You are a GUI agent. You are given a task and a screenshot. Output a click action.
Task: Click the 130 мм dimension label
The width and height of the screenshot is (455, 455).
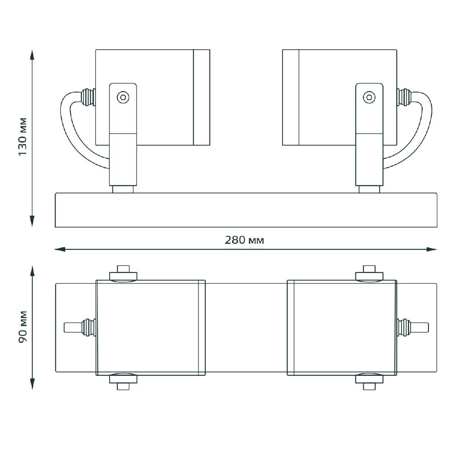pyautogui.click(x=23, y=137)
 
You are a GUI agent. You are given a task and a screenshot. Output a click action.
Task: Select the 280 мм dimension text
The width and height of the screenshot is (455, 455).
pyautogui.click(x=244, y=240)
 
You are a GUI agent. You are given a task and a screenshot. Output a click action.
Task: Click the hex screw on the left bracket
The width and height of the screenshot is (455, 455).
pyautogui.click(x=123, y=97)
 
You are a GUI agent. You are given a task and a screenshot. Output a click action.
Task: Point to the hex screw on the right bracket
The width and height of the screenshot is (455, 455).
pyautogui.click(x=369, y=97)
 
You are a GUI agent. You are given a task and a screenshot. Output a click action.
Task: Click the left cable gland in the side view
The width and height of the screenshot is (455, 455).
pyautogui.click(x=88, y=97)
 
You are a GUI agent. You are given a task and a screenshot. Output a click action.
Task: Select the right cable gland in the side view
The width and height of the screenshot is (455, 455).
pyautogui.click(x=404, y=97)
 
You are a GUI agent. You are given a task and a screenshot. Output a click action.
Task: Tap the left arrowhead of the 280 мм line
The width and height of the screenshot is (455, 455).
pyautogui.click(x=60, y=249)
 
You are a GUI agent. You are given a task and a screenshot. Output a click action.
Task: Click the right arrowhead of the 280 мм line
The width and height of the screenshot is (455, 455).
pyautogui.click(x=431, y=249)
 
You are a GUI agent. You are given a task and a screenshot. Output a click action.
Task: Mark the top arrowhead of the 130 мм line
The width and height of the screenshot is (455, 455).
pyautogui.click(x=32, y=55)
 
